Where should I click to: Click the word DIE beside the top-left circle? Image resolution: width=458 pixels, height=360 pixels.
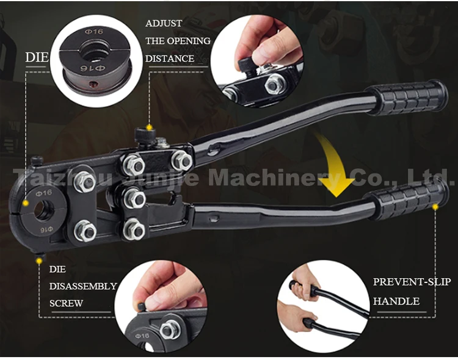click(x=37, y=58)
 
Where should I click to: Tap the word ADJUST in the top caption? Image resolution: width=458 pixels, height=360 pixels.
click(x=164, y=23)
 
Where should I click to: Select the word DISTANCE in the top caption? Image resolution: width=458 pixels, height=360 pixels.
click(x=170, y=59)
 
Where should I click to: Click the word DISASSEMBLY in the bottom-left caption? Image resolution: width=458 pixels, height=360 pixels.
click(x=83, y=286)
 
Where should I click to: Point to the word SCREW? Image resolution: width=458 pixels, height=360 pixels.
click(x=66, y=303)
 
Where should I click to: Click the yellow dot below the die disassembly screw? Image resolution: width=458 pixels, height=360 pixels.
click(x=40, y=261)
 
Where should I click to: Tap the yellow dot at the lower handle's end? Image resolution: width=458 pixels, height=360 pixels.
click(x=435, y=207)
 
